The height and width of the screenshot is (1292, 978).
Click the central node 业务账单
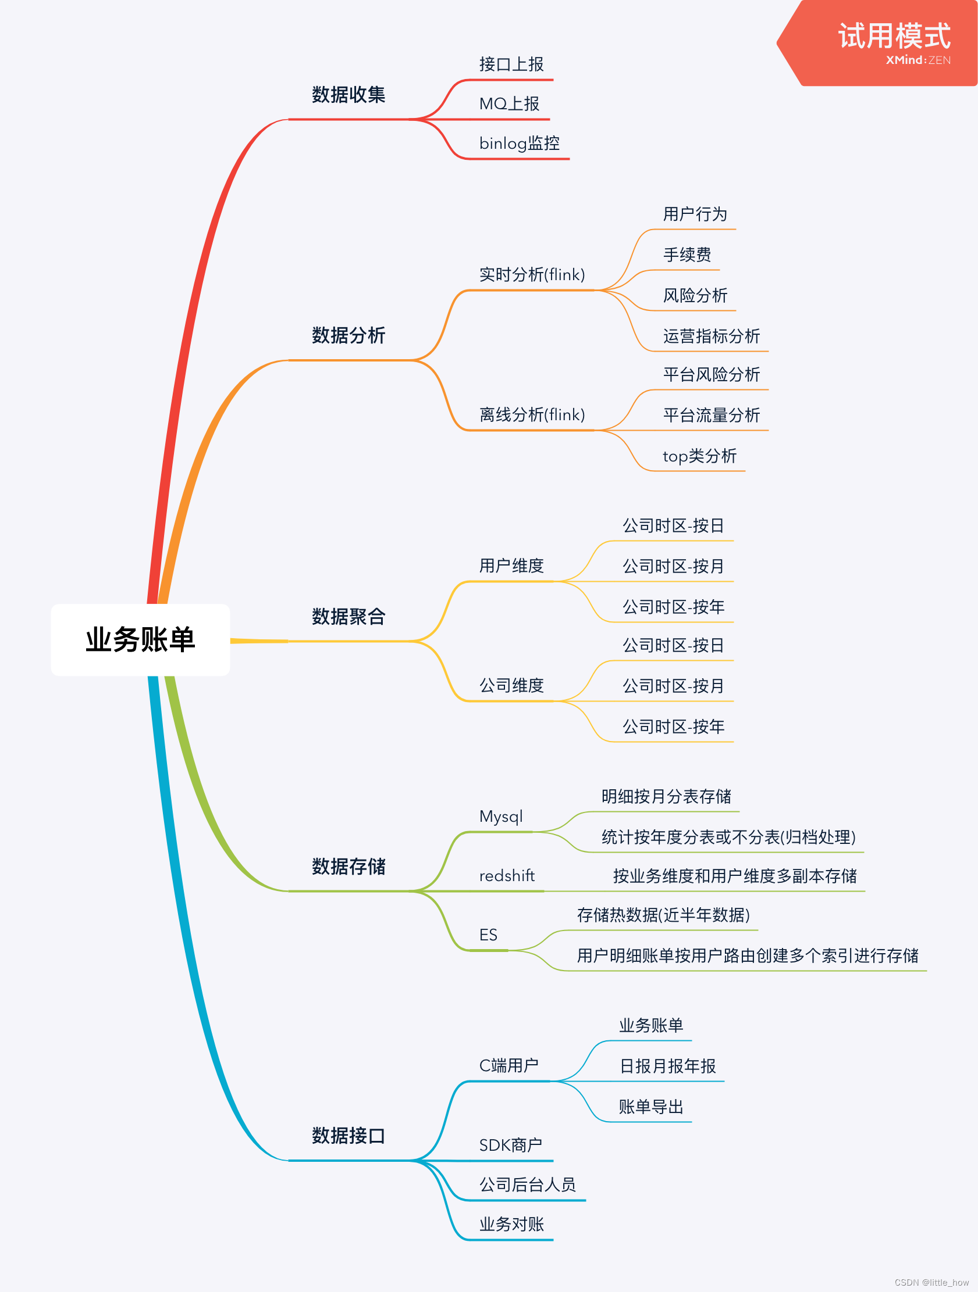click(x=140, y=639)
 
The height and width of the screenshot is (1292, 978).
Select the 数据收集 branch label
click(x=348, y=95)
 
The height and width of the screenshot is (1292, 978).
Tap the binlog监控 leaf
click(x=519, y=143)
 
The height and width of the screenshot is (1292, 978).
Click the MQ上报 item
click(x=509, y=104)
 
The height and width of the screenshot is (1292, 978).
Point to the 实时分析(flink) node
click(x=531, y=274)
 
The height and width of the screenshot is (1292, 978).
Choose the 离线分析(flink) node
click(x=531, y=415)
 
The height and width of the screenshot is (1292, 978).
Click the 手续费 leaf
click(x=687, y=255)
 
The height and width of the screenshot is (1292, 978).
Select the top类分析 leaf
click(x=699, y=456)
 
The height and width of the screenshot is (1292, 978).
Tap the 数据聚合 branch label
click(x=348, y=616)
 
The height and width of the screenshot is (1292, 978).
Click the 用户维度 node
click(x=511, y=566)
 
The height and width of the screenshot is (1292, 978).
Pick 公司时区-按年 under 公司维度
click(x=674, y=726)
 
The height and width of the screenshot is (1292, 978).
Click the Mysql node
click(x=501, y=816)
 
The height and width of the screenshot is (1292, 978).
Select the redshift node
click(x=507, y=875)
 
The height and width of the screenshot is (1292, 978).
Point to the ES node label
click(x=488, y=935)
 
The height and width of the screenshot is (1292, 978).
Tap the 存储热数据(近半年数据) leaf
click(x=663, y=915)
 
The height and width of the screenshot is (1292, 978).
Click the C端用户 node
click(x=508, y=1065)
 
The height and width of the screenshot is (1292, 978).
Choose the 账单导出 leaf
click(x=650, y=1106)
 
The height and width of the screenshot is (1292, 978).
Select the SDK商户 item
click(x=510, y=1145)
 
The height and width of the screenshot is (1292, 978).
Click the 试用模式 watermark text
click(x=894, y=36)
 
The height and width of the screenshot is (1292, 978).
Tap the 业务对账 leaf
click(x=511, y=1223)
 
